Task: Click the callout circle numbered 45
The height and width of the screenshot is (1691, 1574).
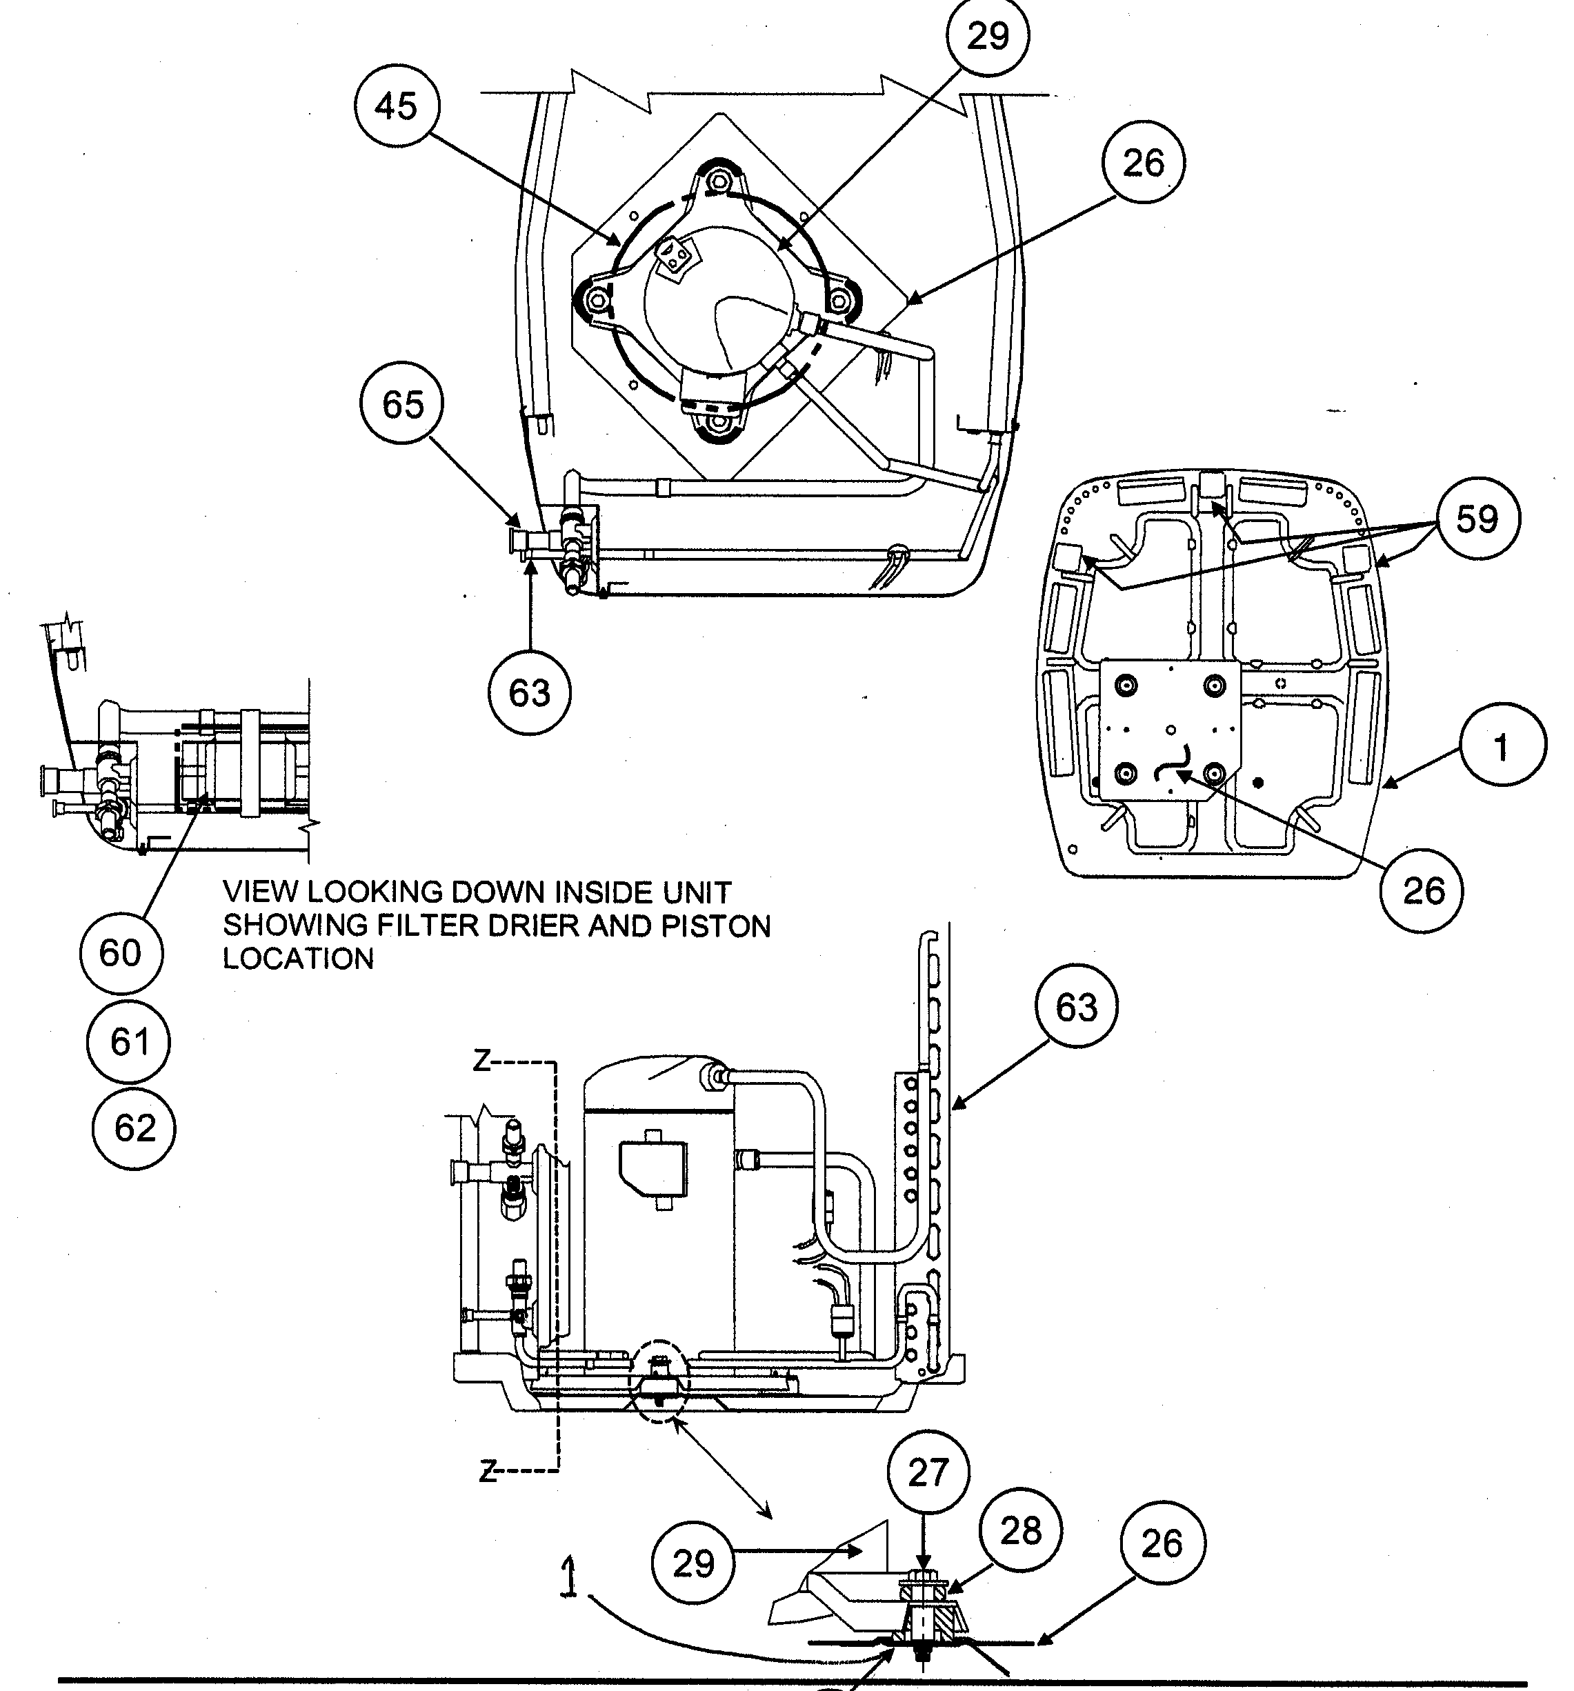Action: click(397, 106)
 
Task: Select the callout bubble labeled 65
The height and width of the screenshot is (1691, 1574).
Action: click(402, 405)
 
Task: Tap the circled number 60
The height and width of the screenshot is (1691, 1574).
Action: click(120, 952)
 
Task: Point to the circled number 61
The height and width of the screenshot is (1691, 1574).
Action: click(128, 1042)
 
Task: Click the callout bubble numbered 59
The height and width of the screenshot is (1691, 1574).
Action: click(1476, 519)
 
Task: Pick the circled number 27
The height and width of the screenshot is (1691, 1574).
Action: click(928, 1472)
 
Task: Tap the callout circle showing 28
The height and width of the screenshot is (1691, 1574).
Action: click(1021, 1531)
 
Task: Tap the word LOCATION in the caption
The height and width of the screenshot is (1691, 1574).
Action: click(298, 959)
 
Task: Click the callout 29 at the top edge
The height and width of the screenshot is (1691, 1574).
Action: click(988, 36)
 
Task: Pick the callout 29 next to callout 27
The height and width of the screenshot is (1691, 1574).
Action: click(693, 1563)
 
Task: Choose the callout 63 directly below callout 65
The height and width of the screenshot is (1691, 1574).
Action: click(529, 693)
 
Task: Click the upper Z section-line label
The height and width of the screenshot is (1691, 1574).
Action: click(482, 1061)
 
